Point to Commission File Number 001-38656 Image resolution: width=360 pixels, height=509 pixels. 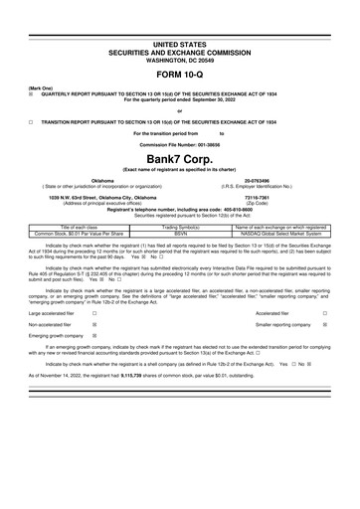[179, 142]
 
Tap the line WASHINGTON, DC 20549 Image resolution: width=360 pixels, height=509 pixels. [179, 57]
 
